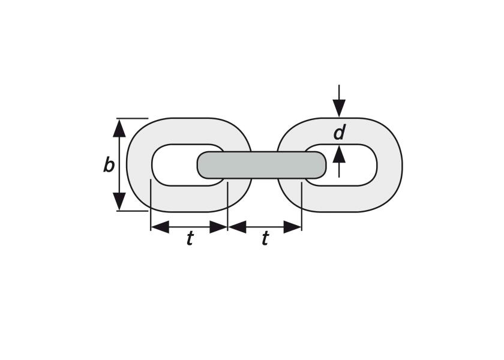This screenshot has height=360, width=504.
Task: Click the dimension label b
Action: click(109, 166)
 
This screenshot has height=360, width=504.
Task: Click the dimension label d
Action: click(340, 133)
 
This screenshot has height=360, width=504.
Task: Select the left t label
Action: click(190, 239)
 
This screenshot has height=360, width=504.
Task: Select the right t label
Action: click(265, 239)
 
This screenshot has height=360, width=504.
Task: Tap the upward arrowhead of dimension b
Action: click(119, 128)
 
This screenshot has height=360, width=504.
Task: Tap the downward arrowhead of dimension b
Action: click(119, 201)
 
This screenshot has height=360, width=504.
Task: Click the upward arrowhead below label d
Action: click(339, 154)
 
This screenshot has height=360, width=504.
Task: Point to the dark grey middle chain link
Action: click(262, 165)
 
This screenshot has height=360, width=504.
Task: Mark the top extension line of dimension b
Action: click(132, 118)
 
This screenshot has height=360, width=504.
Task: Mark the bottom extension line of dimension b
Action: click(132, 211)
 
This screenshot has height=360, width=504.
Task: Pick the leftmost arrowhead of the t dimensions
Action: click(160, 227)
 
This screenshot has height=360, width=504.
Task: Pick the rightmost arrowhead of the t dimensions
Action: click(293, 227)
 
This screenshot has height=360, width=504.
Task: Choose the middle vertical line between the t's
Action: click(227, 206)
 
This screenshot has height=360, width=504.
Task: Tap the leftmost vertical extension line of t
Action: click(151, 205)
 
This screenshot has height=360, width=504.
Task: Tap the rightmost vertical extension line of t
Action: click(301, 206)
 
